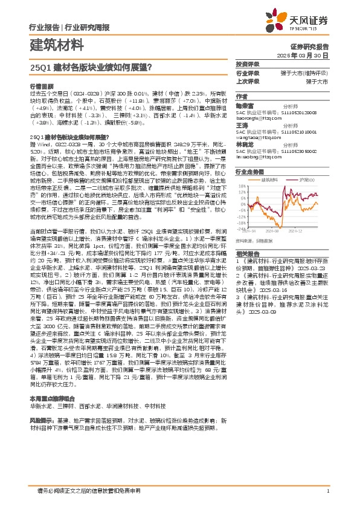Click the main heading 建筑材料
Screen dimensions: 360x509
coord(55,45)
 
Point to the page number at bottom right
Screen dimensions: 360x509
coord(327,491)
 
